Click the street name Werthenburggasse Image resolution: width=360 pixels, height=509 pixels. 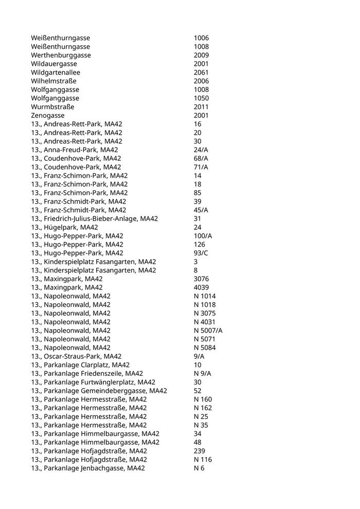coord(61,55)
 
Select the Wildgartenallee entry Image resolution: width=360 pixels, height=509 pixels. coord(56,72)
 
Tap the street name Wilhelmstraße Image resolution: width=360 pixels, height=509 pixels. coord(54,81)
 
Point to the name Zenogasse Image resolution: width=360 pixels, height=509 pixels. coord(48,116)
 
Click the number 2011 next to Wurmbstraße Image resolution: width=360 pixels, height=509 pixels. coord(201,107)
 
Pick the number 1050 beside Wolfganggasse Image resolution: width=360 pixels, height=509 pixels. coord(201,98)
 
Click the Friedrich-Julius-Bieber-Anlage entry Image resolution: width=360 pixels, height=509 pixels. coord(94,219)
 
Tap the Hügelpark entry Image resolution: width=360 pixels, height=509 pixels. coord(64,227)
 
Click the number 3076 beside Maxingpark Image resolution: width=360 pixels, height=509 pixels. coord(201,279)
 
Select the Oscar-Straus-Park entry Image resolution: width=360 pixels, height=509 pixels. coord(76,356)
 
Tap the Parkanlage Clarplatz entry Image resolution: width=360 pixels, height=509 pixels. coord(81,365)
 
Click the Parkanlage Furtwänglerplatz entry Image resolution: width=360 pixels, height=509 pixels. coord(93,382)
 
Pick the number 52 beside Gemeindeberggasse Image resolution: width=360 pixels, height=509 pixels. coord(197,391)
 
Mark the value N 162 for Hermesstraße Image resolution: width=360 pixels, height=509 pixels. coord(203,408)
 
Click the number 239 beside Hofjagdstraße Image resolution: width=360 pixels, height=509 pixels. coord(199,451)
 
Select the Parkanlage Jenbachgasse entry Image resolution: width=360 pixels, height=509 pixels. coord(88,468)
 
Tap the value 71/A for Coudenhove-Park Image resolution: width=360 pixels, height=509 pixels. coord(201,167)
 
